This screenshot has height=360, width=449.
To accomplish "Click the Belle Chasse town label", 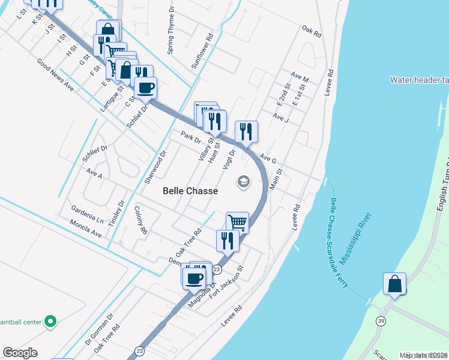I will pos(190,190).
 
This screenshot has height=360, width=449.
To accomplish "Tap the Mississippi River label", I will pos(355,239).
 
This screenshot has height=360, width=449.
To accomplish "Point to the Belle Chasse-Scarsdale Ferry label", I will pos(339,243).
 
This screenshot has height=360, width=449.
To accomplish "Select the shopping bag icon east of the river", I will pos(394,283).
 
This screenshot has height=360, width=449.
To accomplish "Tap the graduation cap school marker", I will pos(243,181).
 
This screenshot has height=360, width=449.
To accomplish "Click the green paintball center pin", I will pos(51,322).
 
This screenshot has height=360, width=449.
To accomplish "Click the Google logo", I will pos(20,353).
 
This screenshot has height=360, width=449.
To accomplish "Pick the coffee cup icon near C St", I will pos(145,89).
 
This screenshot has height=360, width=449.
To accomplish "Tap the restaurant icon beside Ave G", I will pos(246,131).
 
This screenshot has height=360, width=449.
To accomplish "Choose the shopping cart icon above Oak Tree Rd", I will pos(238,223).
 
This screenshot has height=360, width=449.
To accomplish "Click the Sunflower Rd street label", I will pos(202,50).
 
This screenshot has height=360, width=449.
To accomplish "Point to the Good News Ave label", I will pos(55,74).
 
